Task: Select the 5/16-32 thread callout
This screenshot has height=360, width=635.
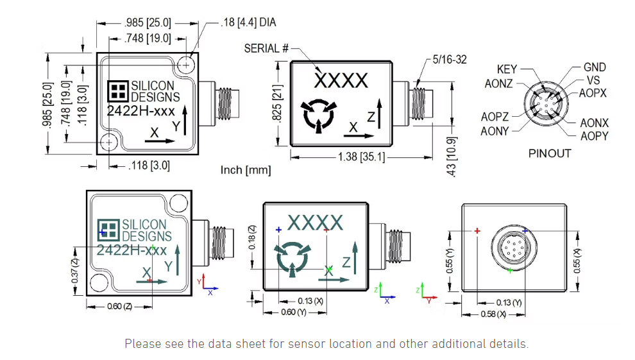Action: [x=449, y=59]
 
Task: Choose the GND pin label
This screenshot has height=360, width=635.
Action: [x=594, y=67]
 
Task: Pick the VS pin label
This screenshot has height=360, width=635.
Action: [x=593, y=81]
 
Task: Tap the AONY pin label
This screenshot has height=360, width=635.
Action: [x=495, y=131]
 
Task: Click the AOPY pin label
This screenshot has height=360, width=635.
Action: [x=594, y=136]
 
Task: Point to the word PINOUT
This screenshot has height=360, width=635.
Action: [x=549, y=153]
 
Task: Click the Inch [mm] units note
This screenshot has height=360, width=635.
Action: [x=245, y=170]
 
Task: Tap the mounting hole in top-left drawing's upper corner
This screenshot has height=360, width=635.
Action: [x=187, y=64]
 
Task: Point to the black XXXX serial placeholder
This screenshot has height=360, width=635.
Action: [x=341, y=81]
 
